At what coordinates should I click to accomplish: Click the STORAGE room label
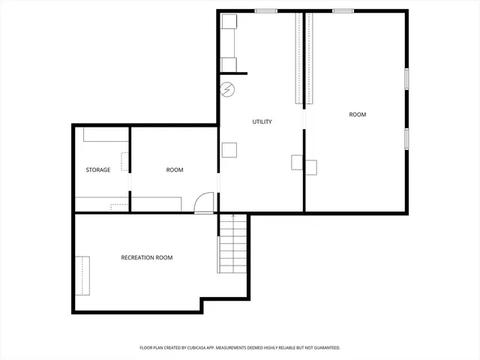[98, 170]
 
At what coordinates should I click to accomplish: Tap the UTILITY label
[262, 121]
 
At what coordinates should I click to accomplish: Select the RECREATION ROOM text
[147, 258]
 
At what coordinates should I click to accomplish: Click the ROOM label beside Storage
[174, 170]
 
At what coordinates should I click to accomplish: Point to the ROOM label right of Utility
[358, 115]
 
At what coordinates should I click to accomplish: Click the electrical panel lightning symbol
[227, 91]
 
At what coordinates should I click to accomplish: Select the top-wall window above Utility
[265, 10]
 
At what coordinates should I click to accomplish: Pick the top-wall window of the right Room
[343, 10]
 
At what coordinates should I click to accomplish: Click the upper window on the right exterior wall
[407, 79]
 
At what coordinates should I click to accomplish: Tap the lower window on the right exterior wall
[407, 138]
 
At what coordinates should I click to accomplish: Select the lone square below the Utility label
[229, 148]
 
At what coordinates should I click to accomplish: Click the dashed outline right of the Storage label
[124, 161]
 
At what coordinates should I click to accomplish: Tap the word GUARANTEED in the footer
[323, 348]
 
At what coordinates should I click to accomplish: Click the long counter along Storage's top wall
[105, 134]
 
